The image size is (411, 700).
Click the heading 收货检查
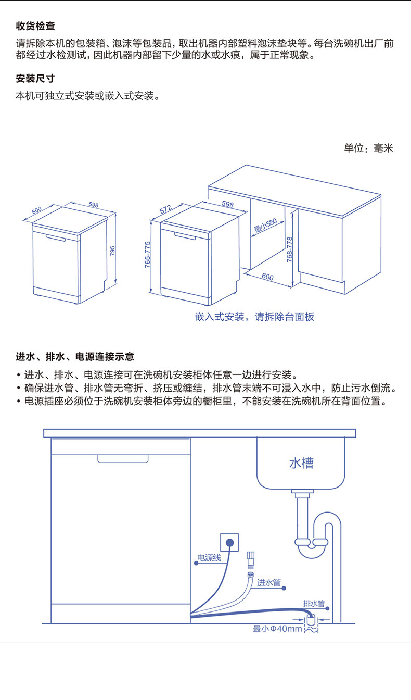(35, 26)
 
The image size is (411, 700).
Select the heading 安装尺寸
(35, 79)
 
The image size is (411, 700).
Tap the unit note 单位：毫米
(368, 148)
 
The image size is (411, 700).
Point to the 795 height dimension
(112, 251)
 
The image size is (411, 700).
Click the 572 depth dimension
(165, 210)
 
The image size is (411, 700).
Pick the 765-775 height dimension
(147, 255)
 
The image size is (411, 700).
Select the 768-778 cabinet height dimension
(290, 249)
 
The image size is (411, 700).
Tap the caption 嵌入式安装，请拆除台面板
(254, 317)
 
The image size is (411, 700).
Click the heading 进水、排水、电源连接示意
(75, 357)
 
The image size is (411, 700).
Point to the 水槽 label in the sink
(301, 463)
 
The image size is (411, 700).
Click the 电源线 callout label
(209, 558)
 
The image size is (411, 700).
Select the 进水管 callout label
(269, 582)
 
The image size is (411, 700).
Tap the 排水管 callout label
(314, 604)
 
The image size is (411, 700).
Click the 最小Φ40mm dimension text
(277, 629)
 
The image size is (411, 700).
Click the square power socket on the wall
(229, 542)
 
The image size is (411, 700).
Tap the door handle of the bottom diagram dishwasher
(123, 458)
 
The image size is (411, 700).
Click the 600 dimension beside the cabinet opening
(267, 277)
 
